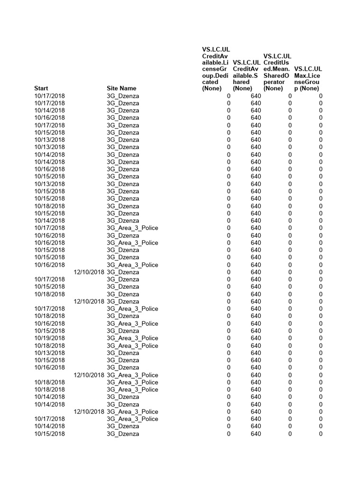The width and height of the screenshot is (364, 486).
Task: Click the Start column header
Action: click(42, 88)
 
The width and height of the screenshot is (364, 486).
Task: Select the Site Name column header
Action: click(121, 88)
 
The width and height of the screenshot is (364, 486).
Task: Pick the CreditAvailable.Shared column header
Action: click(246, 75)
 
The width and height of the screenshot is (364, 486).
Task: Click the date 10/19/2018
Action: click(50, 338)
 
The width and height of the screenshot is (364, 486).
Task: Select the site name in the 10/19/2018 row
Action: click(132, 338)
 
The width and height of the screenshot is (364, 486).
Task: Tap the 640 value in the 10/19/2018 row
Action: click(256, 338)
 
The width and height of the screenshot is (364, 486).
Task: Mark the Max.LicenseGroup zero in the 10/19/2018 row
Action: click(320, 338)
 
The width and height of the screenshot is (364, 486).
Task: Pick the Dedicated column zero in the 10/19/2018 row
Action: click(228, 338)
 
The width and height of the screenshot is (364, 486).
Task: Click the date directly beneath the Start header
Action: click(50, 96)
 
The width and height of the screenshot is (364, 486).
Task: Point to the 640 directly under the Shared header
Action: click(256, 96)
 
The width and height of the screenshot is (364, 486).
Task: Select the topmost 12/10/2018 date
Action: click(89, 272)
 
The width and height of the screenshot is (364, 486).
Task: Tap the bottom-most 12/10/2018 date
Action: click(89, 411)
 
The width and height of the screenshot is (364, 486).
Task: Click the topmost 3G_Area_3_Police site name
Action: click(132, 228)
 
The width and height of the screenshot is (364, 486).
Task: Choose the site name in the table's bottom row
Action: click(123, 434)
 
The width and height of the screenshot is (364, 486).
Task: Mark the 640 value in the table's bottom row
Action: click(256, 434)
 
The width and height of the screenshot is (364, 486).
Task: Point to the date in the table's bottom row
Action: click(50, 434)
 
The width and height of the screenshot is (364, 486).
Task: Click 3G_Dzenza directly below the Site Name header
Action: click(123, 96)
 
